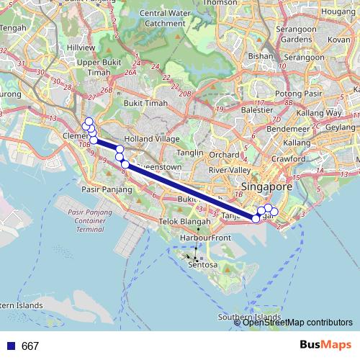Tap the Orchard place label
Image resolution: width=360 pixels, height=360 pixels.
click(x=225, y=154)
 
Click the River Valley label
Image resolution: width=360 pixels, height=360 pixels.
click(x=228, y=170)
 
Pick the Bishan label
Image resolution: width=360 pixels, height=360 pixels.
click(x=259, y=55)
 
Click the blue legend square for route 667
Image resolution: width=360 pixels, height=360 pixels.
click(x=10, y=346)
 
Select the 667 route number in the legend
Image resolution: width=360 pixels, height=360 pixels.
click(x=30, y=346)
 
